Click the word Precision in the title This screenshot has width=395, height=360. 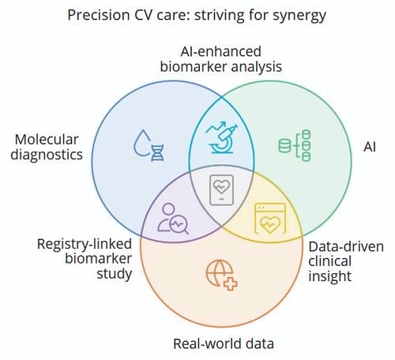coord(99,15)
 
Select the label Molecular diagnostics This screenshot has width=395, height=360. coord(47,147)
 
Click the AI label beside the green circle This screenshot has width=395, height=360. coord(370,147)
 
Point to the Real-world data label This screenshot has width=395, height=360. coord(224,343)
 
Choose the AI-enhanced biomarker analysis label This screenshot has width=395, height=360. coord(221,59)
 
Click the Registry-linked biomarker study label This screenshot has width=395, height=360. coord(85,259)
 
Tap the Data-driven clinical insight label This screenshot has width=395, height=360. coord(346,261)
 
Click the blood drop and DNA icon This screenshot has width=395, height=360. coord(149,145)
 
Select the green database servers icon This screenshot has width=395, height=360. coord(295,145)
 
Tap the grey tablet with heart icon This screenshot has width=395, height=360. coord(221,189)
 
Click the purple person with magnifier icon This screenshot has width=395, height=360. coord(173,219)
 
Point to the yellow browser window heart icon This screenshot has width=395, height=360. coord(270,219)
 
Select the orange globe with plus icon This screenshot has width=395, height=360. coord(221,276)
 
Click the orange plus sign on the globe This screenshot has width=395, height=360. coord(230,283)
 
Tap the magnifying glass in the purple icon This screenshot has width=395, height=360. coord(179,225)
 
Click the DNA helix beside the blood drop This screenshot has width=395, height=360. coord(157,153)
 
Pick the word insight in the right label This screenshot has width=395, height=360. coord(329,276)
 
